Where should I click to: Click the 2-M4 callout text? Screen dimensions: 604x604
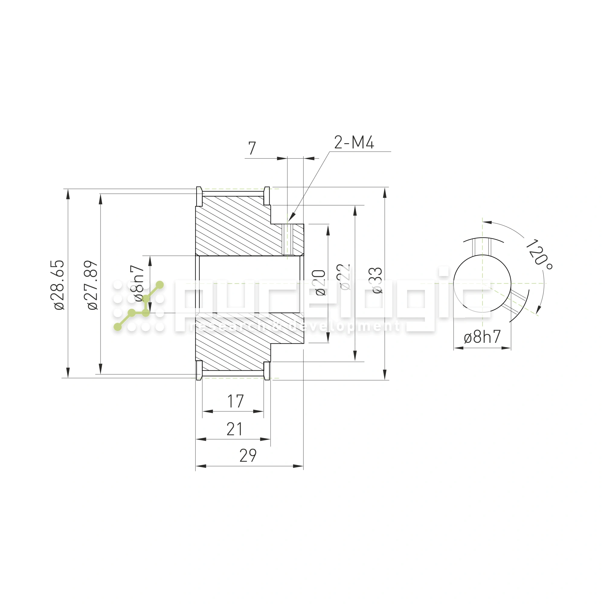[354, 143]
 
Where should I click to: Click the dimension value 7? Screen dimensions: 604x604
[252, 148]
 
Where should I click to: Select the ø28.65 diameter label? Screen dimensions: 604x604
[59, 284]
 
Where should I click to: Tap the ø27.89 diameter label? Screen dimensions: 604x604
[92, 284]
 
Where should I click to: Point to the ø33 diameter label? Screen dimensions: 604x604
[377, 280]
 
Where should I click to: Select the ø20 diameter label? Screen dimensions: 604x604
[320, 283]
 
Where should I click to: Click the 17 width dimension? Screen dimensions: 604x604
[236, 401]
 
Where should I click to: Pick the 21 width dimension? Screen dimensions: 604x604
[234, 429]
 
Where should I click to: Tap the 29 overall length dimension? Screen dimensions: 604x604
[248, 455]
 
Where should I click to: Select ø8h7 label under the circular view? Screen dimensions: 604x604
[482, 337]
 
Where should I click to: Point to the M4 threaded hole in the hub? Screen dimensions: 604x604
[287, 239]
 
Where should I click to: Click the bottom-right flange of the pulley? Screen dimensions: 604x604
[267, 371]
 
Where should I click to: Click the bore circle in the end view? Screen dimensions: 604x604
[482, 283]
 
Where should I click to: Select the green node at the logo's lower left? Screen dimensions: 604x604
[117, 327]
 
